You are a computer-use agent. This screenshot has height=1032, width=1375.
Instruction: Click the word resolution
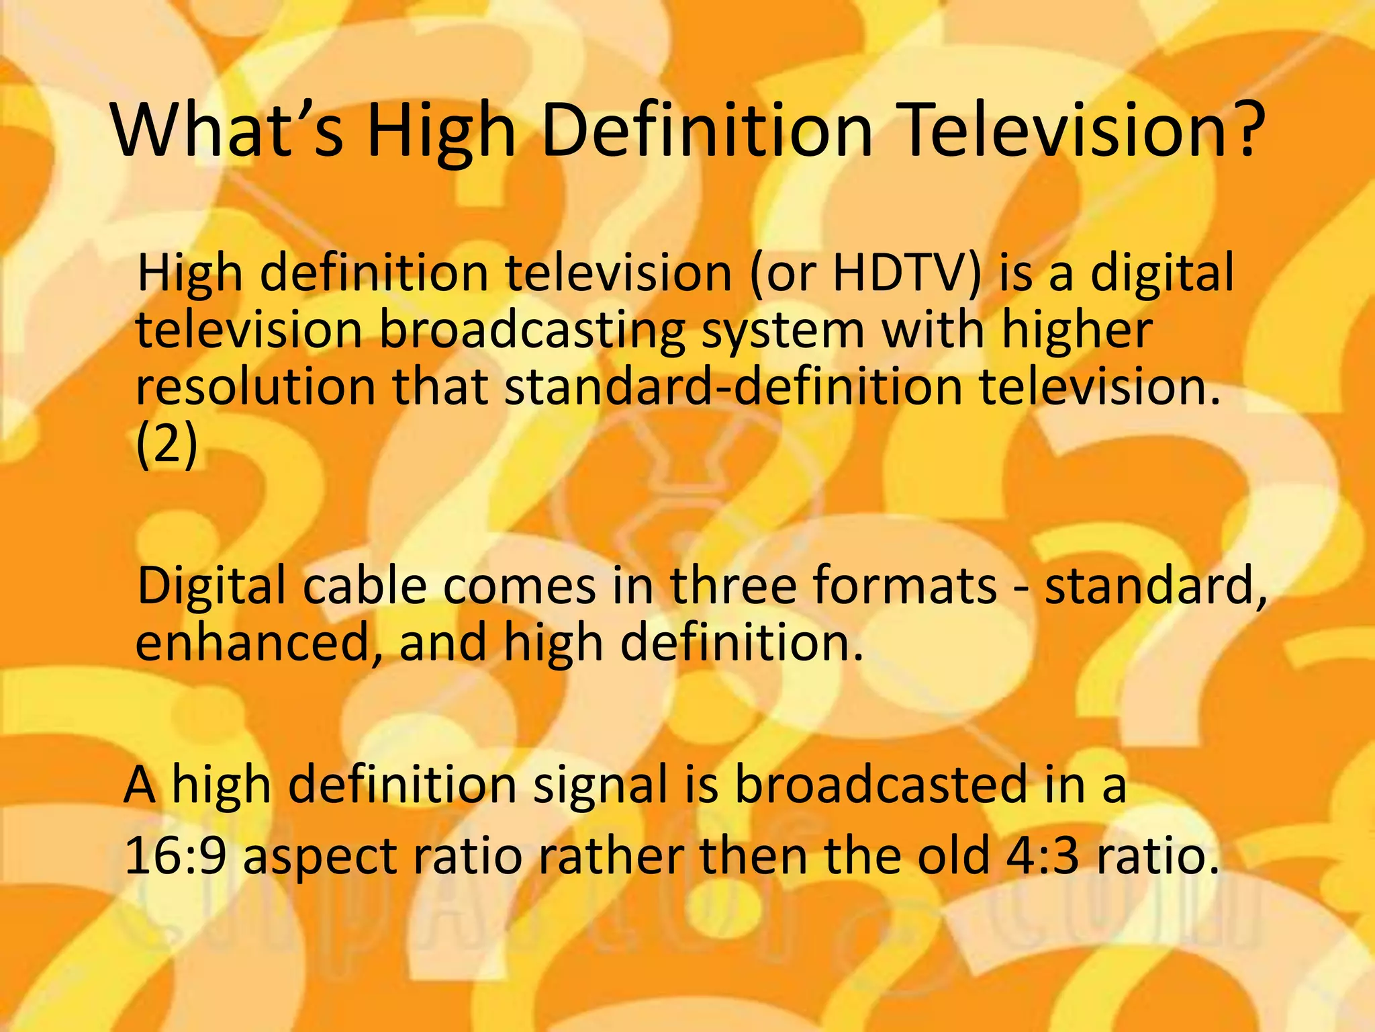(x=255, y=388)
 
